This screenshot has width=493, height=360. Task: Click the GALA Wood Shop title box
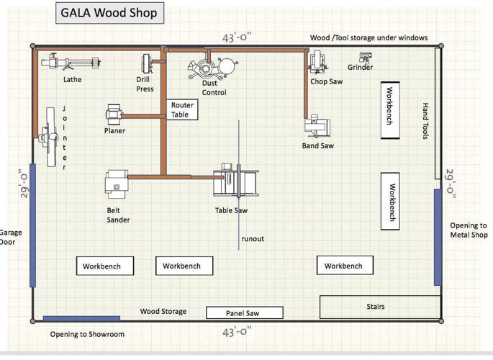[x=108, y=13]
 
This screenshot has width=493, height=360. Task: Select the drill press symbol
[x=147, y=63]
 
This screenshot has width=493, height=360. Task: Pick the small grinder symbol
[x=362, y=57]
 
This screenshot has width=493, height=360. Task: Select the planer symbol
[x=114, y=113]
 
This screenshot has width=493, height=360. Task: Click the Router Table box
[x=182, y=109]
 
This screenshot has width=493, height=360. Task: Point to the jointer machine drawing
[x=50, y=136]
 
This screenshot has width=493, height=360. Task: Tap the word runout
[x=253, y=238]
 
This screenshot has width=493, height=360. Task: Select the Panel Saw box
[x=244, y=312]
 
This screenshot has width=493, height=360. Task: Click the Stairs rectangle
[x=376, y=307]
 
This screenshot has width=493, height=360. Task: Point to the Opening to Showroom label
[x=87, y=334]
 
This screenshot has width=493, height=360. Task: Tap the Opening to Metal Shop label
[x=469, y=230]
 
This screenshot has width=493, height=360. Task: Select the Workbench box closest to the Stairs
[x=345, y=266]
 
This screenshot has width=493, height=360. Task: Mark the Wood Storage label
[x=163, y=312]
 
